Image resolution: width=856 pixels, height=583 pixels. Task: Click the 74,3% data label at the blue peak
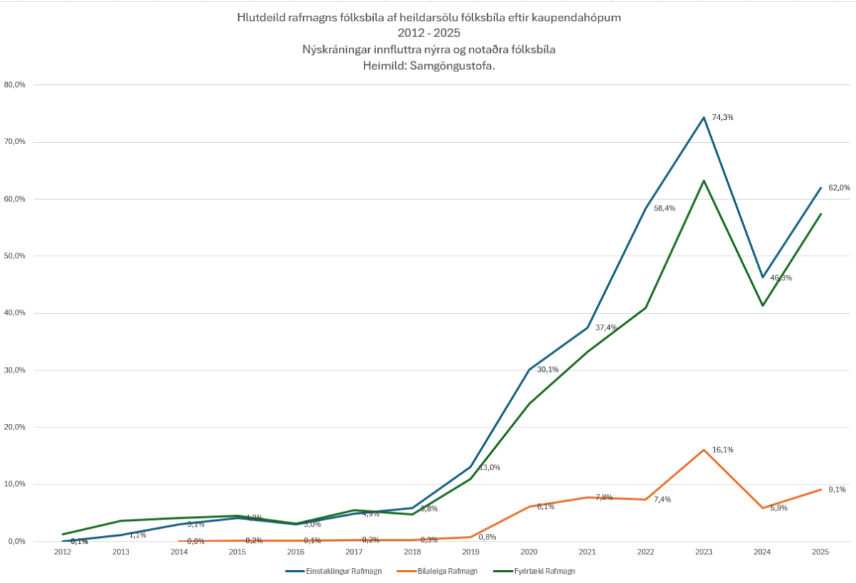coord(723,117)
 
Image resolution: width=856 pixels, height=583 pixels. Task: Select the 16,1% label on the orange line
coord(723,450)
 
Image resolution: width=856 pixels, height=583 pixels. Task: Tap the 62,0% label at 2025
coord(839,188)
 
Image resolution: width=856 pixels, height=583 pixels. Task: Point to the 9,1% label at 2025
coord(837,490)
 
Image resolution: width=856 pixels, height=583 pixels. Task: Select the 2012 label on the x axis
coord(63,552)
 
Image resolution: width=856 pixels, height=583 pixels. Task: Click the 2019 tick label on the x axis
coord(471,552)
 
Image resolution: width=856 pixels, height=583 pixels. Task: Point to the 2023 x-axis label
coord(704,552)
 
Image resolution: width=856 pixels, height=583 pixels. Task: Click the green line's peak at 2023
coord(704,181)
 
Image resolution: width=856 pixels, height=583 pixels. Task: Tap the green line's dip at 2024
coord(763,305)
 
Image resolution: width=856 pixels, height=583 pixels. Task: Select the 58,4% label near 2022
coord(664,208)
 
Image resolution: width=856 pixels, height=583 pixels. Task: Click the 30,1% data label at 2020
coord(548,370)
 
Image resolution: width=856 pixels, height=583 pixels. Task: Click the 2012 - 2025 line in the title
coord(429,33)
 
